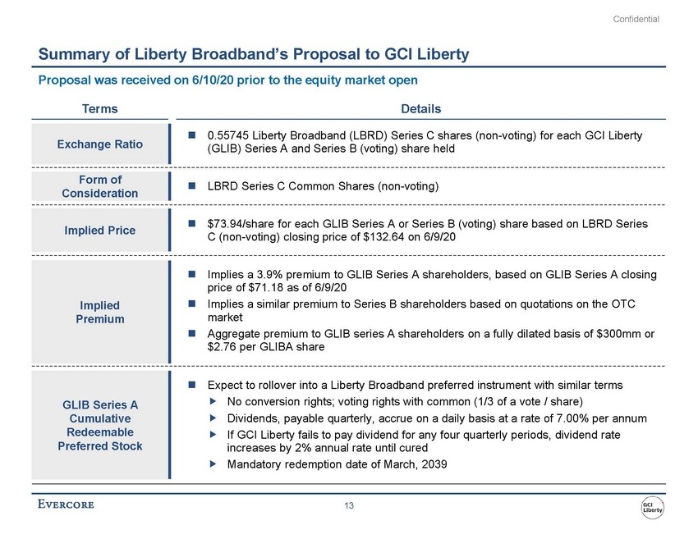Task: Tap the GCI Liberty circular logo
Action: coord(654,507)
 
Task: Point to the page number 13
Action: coord(349,506)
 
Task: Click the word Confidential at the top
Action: coord(637,19)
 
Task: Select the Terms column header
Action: coord(99,108)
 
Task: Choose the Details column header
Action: coord(421,108)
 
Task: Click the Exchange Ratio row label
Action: coord(99,144)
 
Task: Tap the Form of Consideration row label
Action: coord(99,186)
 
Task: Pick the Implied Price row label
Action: coord(99,231)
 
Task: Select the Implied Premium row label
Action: coord(99,311)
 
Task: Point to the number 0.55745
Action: coord(227,135)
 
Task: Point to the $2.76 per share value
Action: coord(224,347)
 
